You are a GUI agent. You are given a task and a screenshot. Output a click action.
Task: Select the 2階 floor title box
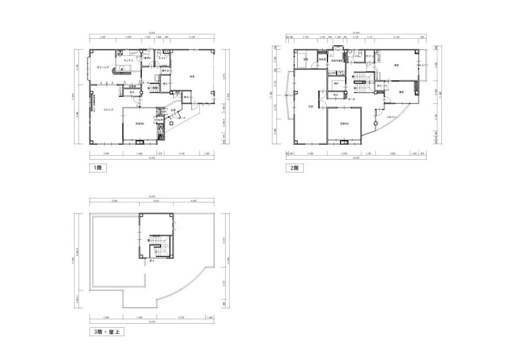294,168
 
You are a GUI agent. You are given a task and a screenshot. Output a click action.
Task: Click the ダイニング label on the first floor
103,66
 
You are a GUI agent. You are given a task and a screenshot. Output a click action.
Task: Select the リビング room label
108,109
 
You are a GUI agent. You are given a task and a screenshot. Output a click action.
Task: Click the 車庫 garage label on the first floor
191,77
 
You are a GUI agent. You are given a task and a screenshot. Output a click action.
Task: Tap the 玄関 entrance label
172,110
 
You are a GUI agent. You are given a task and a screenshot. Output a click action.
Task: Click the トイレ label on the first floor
162,58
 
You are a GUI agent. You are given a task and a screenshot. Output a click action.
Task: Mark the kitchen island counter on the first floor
123,69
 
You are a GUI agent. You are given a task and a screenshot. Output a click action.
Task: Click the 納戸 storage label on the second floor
336,83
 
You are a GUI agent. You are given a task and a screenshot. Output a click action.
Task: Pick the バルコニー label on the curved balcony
392,117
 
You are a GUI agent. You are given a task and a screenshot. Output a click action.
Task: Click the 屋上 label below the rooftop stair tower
151,260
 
